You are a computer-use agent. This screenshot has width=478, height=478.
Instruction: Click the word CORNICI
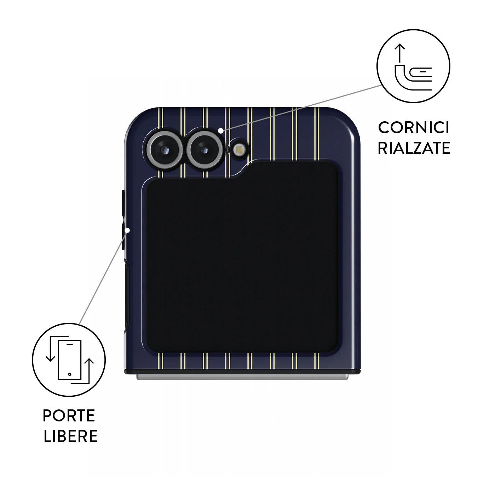click(x=414, y=128)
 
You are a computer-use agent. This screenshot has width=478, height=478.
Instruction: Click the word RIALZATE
click(x=414, y=148)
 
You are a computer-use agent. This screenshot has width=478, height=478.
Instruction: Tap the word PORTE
click(x=69, y=415)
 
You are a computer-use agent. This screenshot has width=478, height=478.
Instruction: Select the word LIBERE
click(x=71, y=436)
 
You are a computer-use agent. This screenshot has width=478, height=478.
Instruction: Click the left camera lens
click(x=165, y=150)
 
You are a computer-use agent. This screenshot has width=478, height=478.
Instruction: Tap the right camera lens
click(x=205, y=150)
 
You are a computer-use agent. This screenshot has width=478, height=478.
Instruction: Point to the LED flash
click(x=239, y=149)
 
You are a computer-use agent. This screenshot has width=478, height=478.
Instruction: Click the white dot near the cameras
click(x=220, y=130)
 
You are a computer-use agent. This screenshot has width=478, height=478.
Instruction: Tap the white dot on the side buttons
click(x=127, y=230)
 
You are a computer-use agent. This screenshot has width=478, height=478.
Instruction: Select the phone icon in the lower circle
click(x=70, y=360)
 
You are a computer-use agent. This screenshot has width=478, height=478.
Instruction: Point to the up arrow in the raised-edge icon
click(x=399, y=53)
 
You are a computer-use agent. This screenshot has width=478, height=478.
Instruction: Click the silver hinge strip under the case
click(x=242, y=377)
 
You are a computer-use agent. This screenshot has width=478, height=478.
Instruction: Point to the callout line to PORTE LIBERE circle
click(x=103, y=277)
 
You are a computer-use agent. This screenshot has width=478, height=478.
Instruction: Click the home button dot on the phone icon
click(x=70, y=374)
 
